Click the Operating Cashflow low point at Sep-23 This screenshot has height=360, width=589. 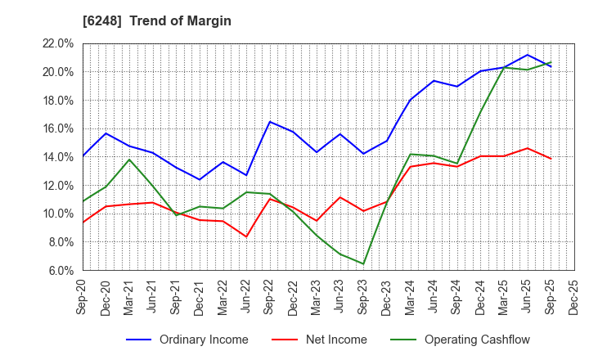[363, 263]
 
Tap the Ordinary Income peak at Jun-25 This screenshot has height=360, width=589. [527, 55]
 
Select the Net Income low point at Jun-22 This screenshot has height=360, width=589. [246, 236]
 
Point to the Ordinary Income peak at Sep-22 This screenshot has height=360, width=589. [270, 122]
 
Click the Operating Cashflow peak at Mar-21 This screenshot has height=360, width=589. [129, 160]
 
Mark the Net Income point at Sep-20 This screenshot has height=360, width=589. [83, 222]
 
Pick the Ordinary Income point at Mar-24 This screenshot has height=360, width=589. [410, 100]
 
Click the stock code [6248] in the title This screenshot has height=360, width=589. [105, 20]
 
